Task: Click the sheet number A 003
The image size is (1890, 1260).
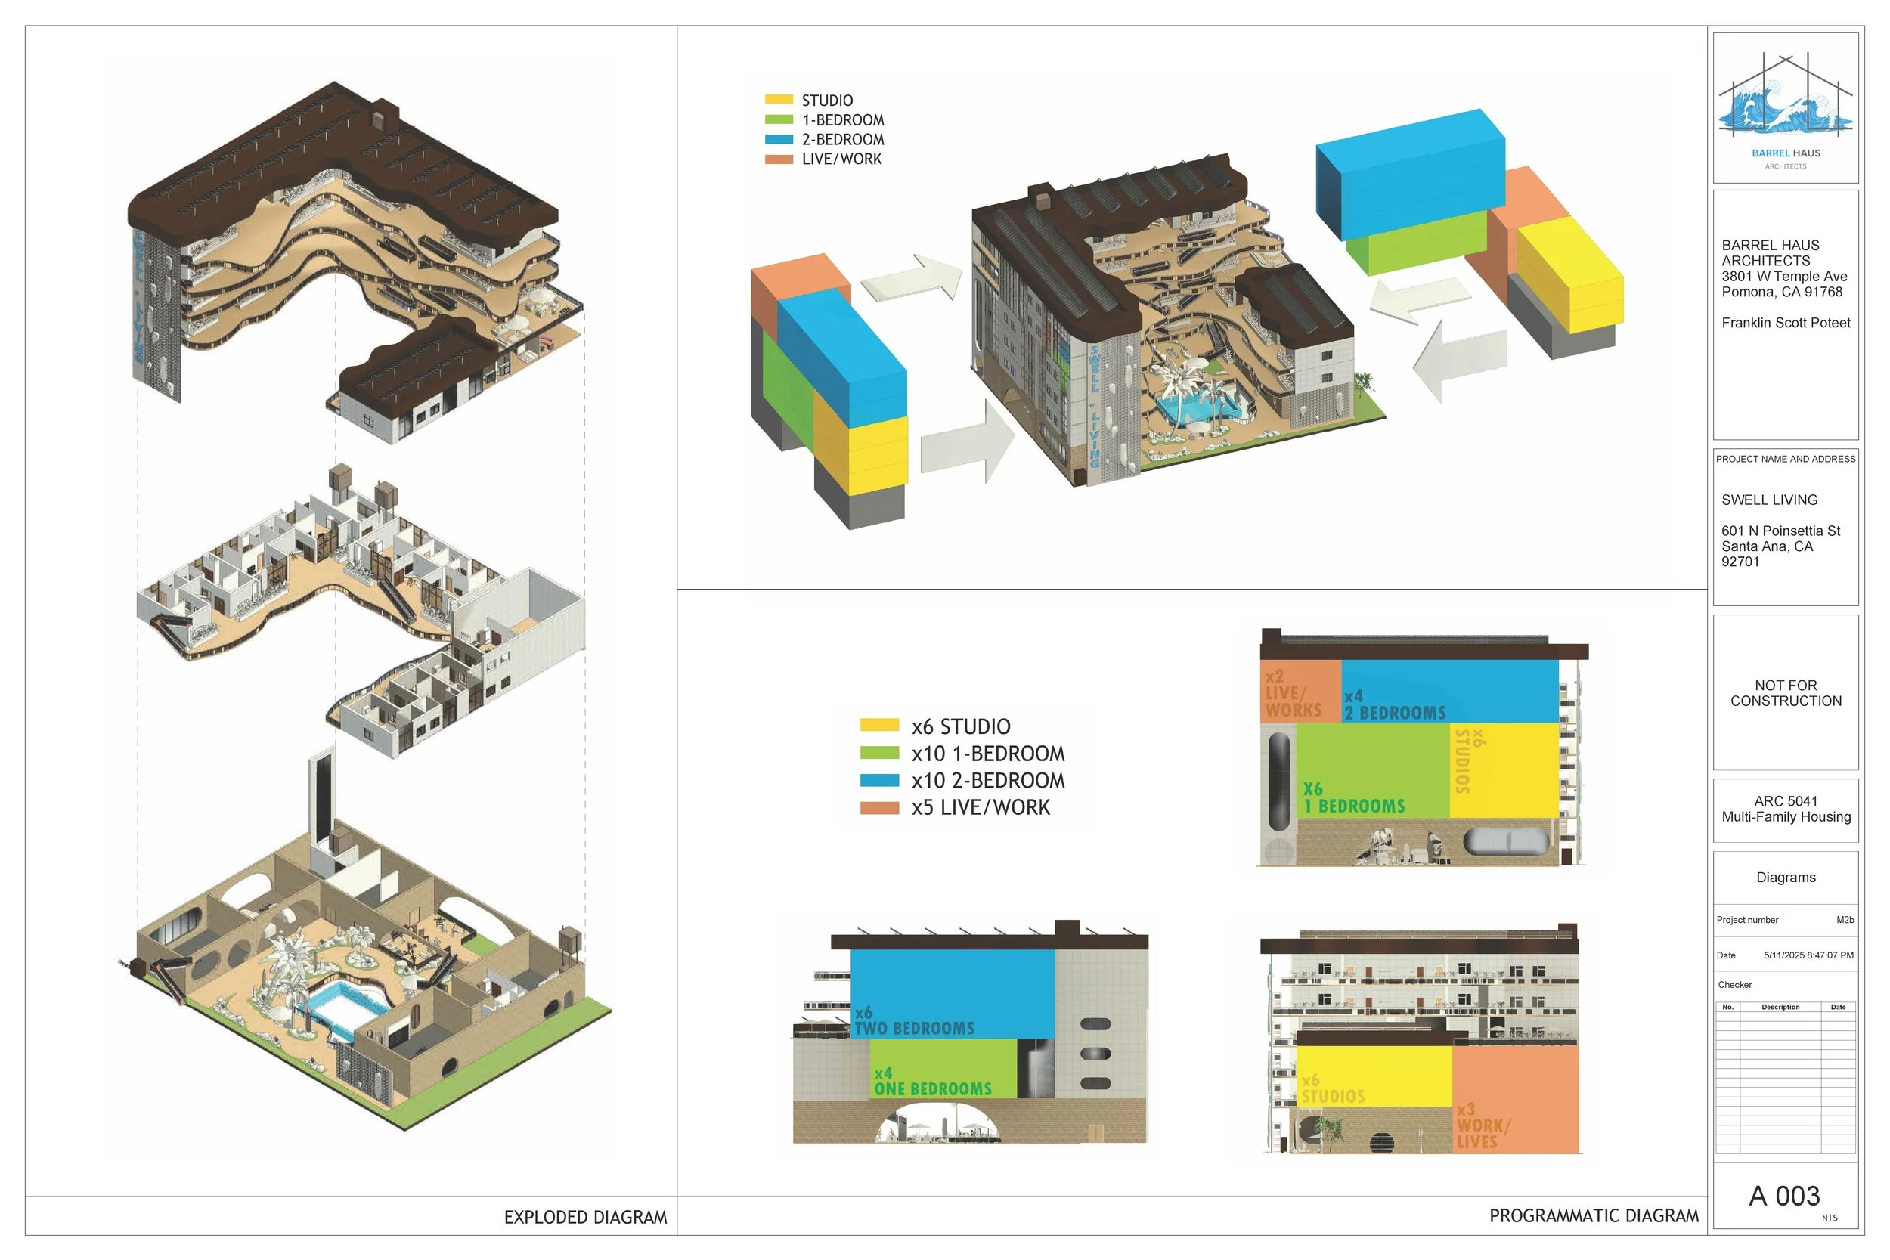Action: pyautogui.click(x=1784, y=1196)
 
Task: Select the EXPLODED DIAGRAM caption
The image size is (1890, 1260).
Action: pyautogui.click(x=585, y=1218)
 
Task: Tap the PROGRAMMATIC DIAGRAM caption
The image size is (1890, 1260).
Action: pyautogui.click(x=1594, y=1216)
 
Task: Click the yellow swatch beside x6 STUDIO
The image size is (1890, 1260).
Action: pyautogui.click(x=879, y=725)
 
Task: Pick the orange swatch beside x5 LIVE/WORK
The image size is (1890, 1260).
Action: pyautogui.click(x=879, y=807)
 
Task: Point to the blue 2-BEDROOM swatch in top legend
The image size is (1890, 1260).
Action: pyautogui.click(x=779, y=139)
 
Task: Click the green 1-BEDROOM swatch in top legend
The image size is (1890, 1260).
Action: pyautogui.click(x=779, y=119)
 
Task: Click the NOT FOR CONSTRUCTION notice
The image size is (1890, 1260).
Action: pyautogui.click(x=1786, y=692)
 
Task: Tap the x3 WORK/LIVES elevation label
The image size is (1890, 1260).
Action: pyautogui.click(x=1482, y=1125)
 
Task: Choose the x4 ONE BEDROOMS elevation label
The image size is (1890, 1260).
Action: pyautogui.click(x=932, y=1082)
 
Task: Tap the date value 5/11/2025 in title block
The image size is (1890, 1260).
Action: pyautogui.click(x=1808, y=955)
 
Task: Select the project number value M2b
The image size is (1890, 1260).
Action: pyautogui.click(x=1845, y=920)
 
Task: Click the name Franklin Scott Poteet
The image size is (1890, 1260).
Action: pyautogui.click(x=1786, y=323)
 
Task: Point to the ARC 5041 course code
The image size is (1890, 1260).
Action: pyautogui.click(x=1786, y=801)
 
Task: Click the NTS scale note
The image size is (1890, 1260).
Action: pyautogui.click(x=1829, y=1218)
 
